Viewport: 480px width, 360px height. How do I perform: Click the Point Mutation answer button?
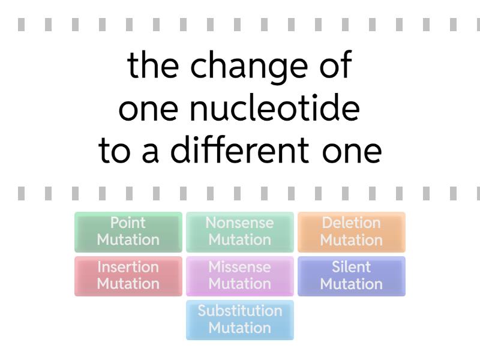(128, 232)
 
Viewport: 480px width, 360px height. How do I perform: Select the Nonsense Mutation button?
(240, 232)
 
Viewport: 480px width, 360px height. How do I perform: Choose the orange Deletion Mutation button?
(352, 232)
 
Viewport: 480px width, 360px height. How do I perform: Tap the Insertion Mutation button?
(128, 276)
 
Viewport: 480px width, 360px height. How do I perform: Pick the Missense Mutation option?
(240, 276)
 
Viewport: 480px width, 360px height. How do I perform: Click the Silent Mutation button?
(352, 276)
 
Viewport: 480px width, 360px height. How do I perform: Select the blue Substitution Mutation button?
(240, 320)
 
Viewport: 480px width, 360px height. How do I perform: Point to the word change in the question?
(249, 67)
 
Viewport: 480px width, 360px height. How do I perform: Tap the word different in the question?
(239, 150)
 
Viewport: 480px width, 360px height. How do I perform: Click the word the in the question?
(153, 65)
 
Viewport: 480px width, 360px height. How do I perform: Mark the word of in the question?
(336, 65)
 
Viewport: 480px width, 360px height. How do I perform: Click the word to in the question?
(115, 151)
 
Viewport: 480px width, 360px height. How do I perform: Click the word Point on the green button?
(128, 223)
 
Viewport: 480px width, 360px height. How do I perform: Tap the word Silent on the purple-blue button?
(352, 266)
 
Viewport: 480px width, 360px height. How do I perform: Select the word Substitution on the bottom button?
(240, 311)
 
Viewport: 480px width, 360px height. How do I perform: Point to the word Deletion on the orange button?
(352, 223)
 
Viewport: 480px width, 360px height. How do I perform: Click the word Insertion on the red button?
(128, 266)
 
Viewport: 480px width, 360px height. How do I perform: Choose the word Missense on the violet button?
(239, 266)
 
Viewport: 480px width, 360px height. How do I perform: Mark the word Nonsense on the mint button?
(239, 223)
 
